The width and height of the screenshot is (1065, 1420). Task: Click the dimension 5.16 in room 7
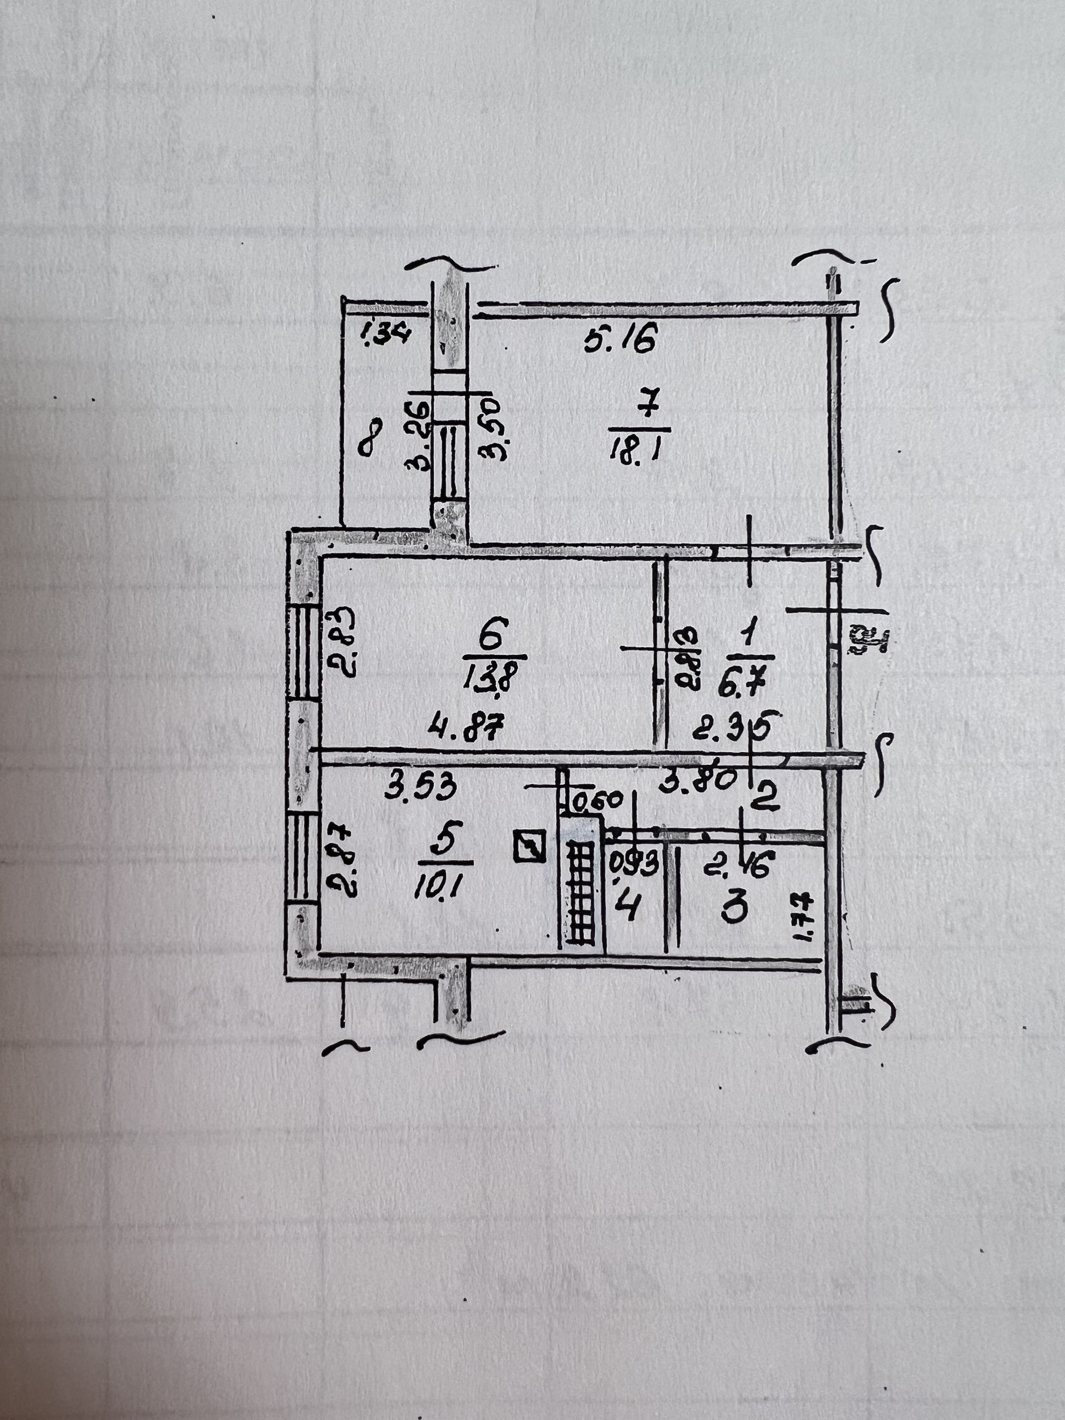pos(621,338)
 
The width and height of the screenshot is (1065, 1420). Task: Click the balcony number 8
pos(371,437)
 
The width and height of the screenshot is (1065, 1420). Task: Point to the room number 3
pos(734,909)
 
